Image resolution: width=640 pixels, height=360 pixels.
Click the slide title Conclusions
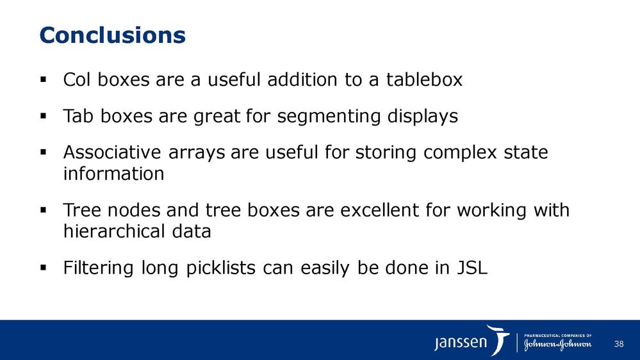tap(112, 35)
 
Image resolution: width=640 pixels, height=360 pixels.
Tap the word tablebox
tap(424, 79)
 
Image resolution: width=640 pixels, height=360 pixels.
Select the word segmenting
tap(329, 117)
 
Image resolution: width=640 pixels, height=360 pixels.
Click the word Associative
tap(112, 152)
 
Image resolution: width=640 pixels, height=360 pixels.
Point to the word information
tap(114, 174)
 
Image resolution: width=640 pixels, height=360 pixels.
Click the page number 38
tap(619, 344)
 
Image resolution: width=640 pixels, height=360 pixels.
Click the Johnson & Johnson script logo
tap(557, 345)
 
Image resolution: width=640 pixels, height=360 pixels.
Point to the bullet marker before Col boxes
tap(44, 79)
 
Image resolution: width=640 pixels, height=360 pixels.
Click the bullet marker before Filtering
tap(44, 267)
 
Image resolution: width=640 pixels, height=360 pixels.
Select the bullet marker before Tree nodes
tap(44, 210)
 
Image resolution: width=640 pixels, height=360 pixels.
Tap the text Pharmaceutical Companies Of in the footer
tap(557, 336)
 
